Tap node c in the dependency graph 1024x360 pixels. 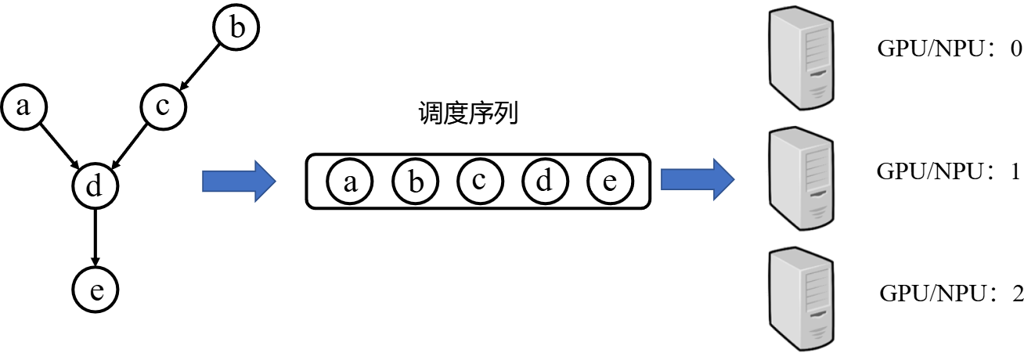tap(163, 106)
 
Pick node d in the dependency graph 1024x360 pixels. tap(95, 186)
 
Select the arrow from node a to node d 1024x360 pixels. tap(59, 145)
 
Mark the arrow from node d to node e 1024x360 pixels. tap(95, 237)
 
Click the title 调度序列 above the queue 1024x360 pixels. tap(470, 115)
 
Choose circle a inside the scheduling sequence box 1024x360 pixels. tap(349, 181)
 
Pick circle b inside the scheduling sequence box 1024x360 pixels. tap(415, 181)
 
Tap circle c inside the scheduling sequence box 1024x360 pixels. tap(479, 181)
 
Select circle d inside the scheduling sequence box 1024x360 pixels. tap(544, 181)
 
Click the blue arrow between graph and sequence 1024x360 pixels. tap(239, 181)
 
